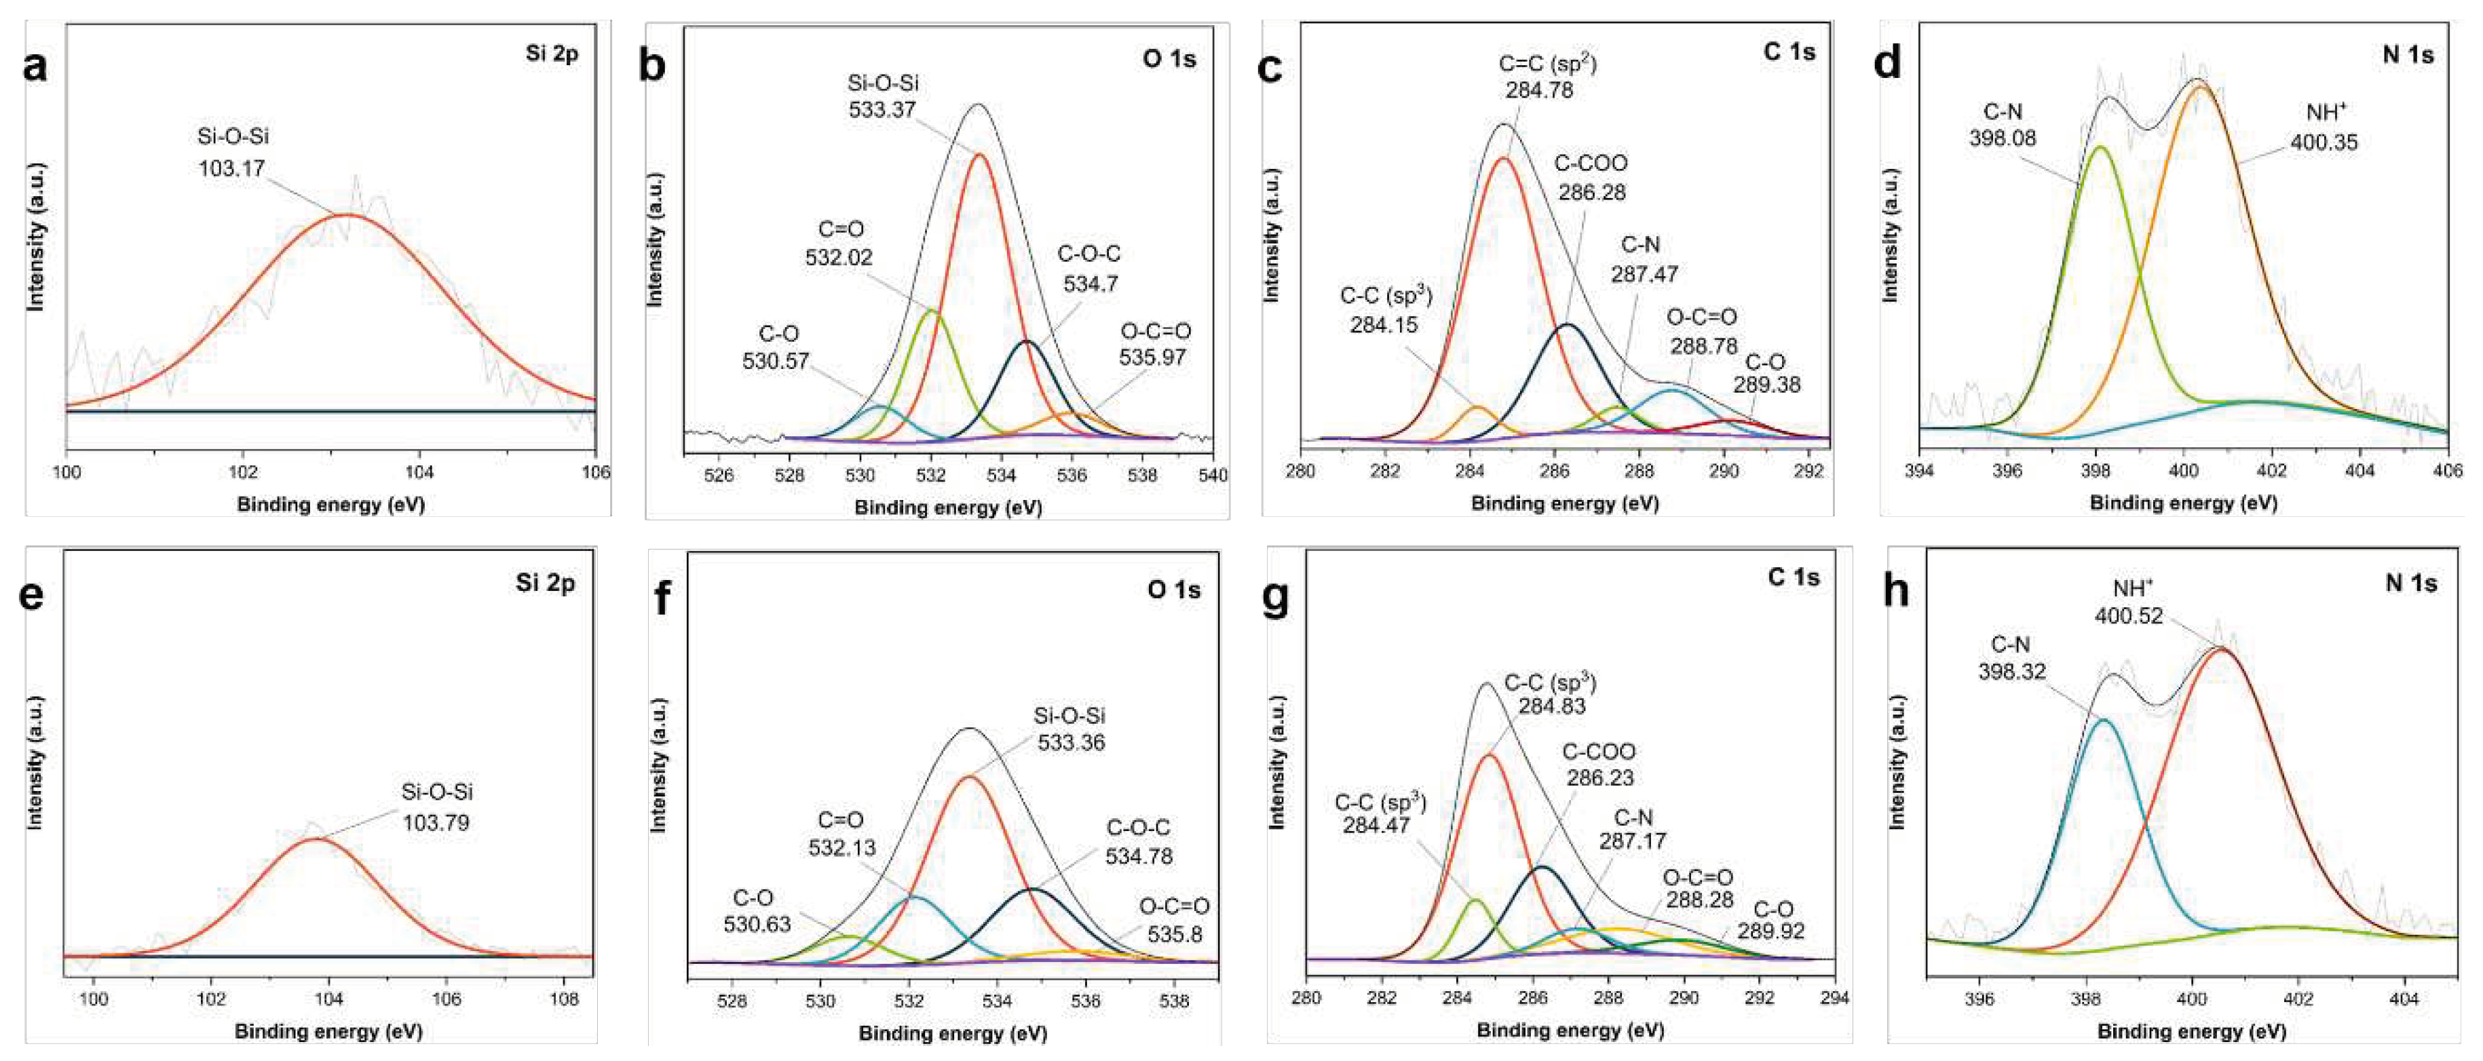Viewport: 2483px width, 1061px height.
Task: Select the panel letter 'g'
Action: pyautogui.click(x=1274, y=598)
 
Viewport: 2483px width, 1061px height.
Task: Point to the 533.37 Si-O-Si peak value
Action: pyautogui.click(x=882, y=110)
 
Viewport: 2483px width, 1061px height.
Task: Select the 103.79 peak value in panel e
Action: pyautogui.click(x=436, y=823)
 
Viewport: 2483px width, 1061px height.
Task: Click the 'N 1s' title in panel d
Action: pyautogui.click(x=2407, y=55)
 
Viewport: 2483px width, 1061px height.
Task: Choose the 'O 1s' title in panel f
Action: pyautogui.click(x=1173, y=590)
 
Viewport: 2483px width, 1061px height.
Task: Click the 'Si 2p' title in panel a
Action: pyautogui.click(x=551, y=53)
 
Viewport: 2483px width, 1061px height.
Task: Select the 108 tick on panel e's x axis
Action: pyautogui.click(x=563, y=999)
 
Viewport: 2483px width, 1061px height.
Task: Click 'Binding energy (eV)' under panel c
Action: pyautogui.click(x=1564, y=503)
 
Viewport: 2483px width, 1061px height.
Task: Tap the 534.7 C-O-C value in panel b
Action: pyautogui.click(x=1089, y=284)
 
